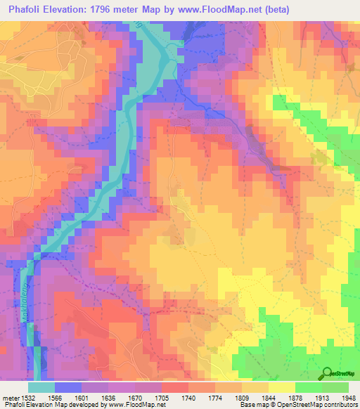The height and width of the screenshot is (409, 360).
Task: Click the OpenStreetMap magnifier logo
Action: (x=327, y=373)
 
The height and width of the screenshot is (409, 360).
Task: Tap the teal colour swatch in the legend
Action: (x=41, y=387)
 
